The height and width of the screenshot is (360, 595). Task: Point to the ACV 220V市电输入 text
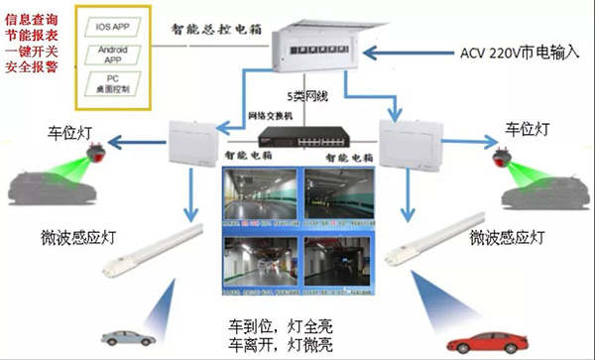click(x=520, y=52)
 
